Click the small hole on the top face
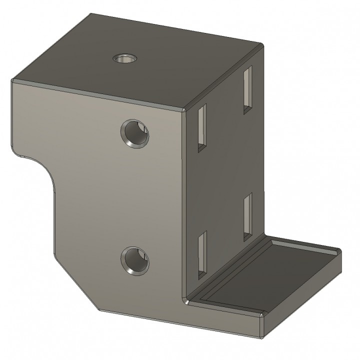click(x=124, y=58)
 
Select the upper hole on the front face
click(x=134, y=133)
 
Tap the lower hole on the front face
click(x=134, y=261)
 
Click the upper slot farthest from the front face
click(x=247, y=90)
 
